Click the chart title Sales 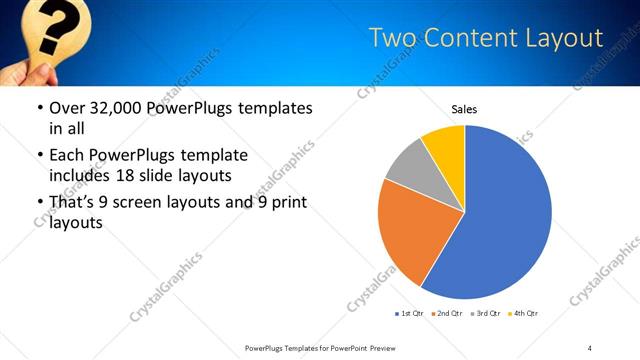pyautogui.click(x=464, y=108)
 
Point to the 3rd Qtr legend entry pyautogui.click(x=484, y=314)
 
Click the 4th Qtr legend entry pyautogui.click(x=523, y=314)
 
